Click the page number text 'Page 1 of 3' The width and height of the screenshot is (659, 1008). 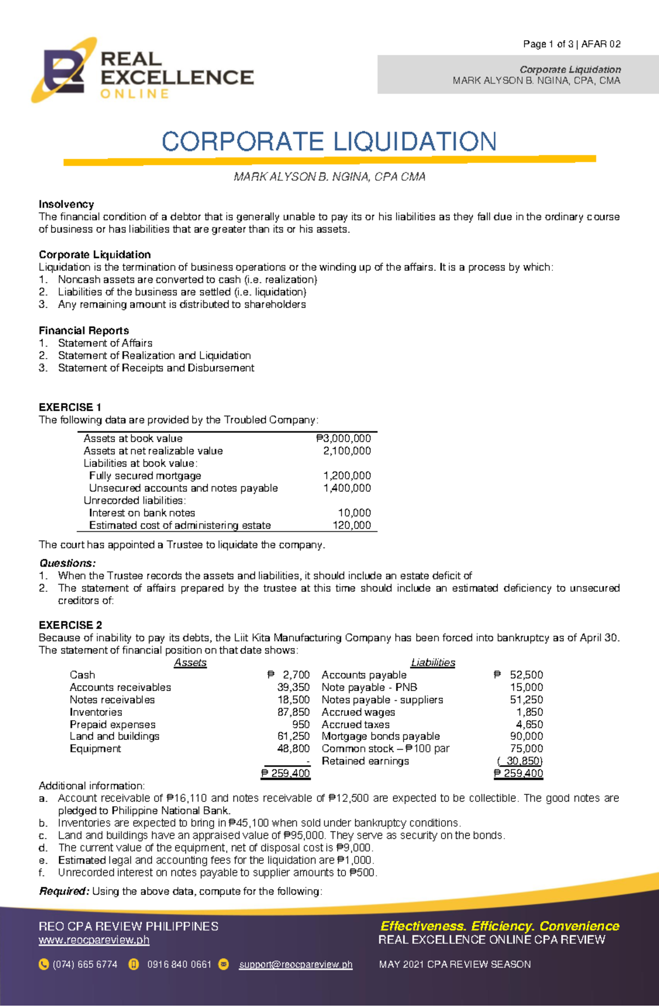click(548, 44)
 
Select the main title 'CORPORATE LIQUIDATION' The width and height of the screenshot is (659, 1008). click(329, 142)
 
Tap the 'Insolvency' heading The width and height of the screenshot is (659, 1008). click(66, 204)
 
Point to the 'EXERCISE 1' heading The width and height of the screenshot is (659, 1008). click(70, 407)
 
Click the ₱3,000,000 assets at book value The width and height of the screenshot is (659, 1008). click(344, 438)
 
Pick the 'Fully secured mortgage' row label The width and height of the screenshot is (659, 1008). click(145, 476)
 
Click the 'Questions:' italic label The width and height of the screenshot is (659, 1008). click(67, 563)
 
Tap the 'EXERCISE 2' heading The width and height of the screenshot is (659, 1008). click(70, 625)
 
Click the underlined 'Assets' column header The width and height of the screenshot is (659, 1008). click(190, 662)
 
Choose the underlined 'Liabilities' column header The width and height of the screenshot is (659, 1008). click(433, 662)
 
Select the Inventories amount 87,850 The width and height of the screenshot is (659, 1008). click(294, 712)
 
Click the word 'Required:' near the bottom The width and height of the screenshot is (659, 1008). click(64, 891)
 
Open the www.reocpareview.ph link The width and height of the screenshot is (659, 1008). click(94, 940)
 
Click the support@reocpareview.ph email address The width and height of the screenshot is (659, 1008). click(295, 965)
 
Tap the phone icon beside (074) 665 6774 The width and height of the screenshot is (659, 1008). click(44, 965)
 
